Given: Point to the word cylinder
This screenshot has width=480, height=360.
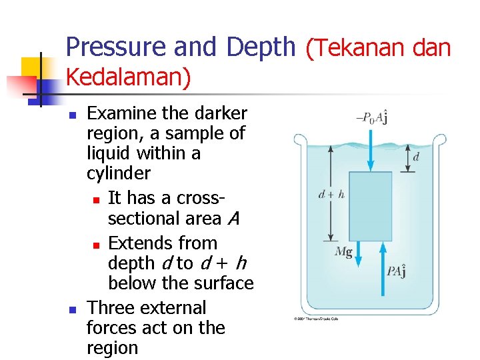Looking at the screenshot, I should pos(119,174).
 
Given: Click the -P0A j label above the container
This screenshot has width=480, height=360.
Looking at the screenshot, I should pos(372,118).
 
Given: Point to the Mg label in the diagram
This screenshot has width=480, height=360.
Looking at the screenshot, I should pos(343,251).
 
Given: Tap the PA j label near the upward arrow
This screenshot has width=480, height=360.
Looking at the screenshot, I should pos(398,271).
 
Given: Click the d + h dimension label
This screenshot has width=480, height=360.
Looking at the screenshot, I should pos(331,195).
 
